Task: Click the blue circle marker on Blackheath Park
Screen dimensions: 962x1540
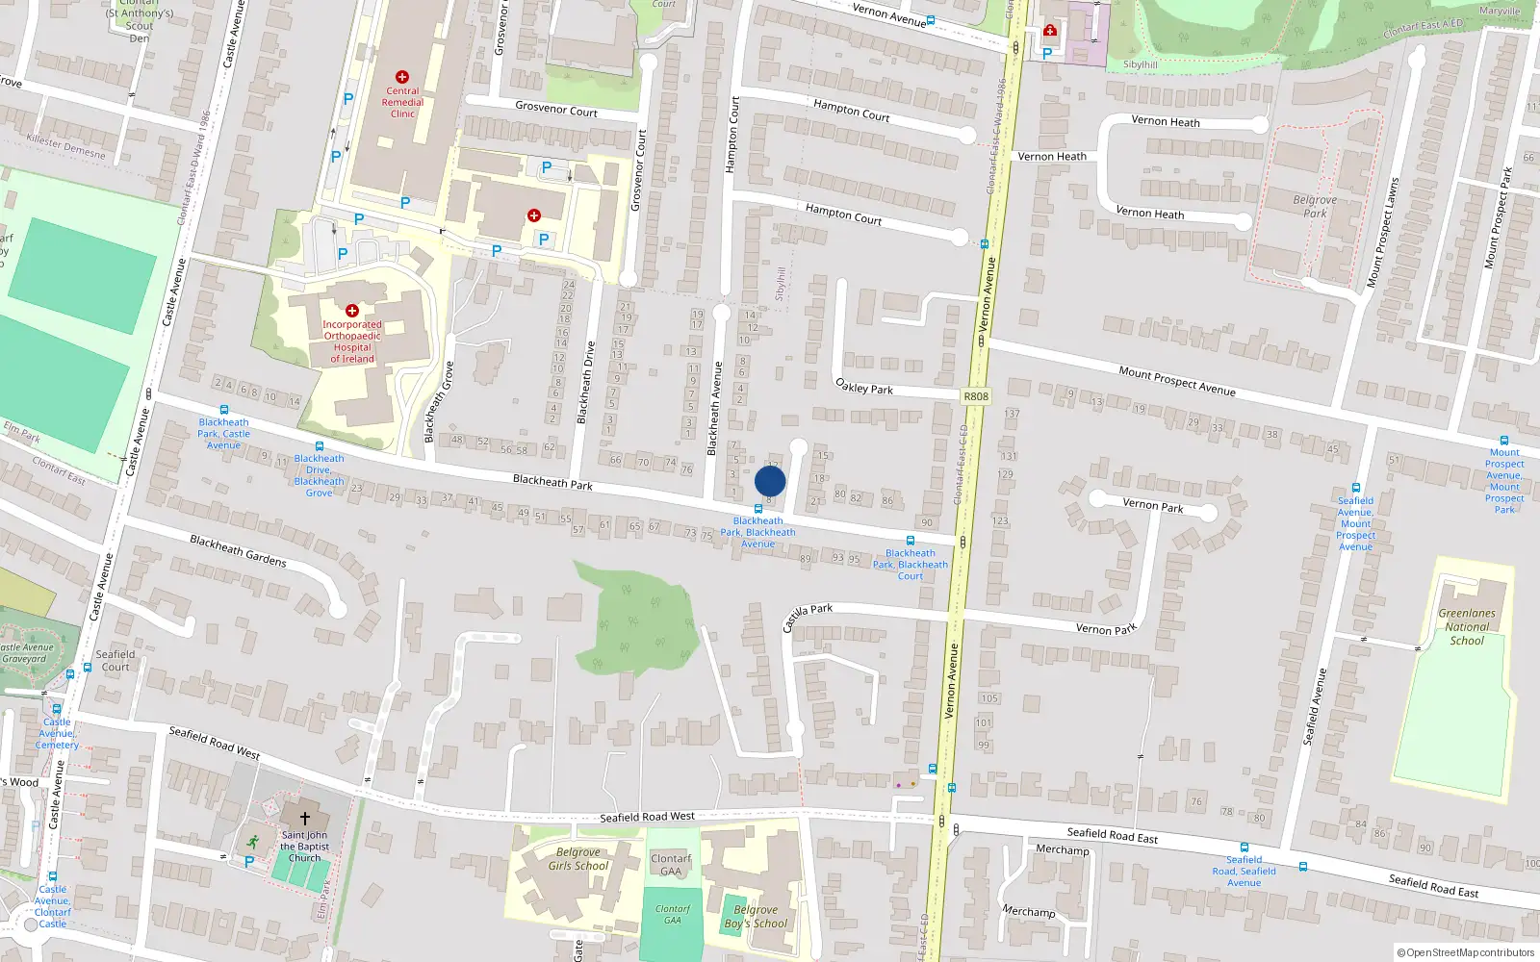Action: coord(770,481)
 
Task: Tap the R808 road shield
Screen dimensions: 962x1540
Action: coord(975,396)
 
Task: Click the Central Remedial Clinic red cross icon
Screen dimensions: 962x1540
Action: coord(402,77)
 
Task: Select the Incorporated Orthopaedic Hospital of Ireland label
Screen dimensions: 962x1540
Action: coord(352,342)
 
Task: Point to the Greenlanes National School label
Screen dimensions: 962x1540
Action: coord(1467,626)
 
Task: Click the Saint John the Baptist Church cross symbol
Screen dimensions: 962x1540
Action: coord(305,818)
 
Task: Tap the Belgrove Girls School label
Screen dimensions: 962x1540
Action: coord(577,859)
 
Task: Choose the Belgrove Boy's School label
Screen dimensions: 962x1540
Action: coord(756,917)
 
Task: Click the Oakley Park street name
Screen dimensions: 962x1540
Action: coord(864,387)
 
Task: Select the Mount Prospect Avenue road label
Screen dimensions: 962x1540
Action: coord(1176,381)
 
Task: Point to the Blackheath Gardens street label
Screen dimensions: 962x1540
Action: coord(238,550)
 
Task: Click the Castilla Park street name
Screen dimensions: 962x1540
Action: coord(807,617)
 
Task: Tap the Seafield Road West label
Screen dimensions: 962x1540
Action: coord(647,817)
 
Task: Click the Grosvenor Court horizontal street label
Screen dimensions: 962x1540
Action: coord(556,110)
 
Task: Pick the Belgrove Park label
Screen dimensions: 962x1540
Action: coord(1315,207)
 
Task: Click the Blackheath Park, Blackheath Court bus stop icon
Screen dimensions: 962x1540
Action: coord(910,541)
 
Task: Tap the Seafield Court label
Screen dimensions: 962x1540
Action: coord(115,661)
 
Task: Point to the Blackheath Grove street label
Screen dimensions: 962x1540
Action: coord(439,402)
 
